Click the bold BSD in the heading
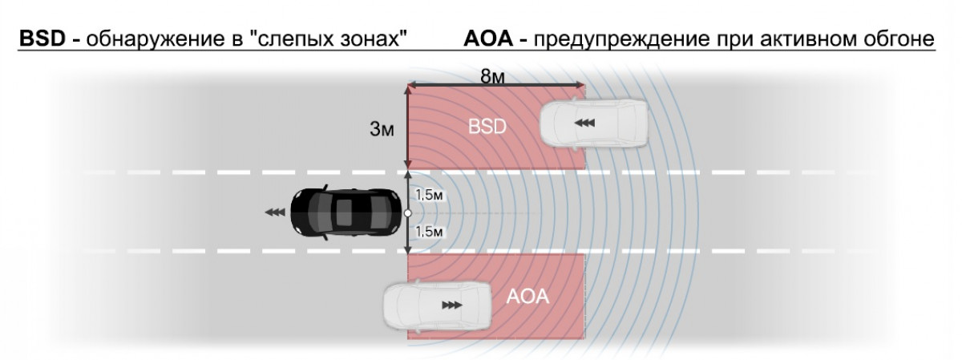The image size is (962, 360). click(42, 38)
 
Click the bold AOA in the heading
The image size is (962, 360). click(487, 38)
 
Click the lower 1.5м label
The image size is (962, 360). click(430, 232)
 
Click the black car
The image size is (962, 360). click(346, 213)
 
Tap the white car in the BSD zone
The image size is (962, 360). click(592, 123)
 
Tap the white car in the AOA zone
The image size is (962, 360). click(437, 305)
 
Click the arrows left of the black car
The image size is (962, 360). click(275, 212)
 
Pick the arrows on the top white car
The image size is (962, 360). click(584, 123)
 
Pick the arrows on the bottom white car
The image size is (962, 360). click(452, 305)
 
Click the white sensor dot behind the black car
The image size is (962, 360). click(408, 214)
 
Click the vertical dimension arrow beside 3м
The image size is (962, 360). click(408, 128)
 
